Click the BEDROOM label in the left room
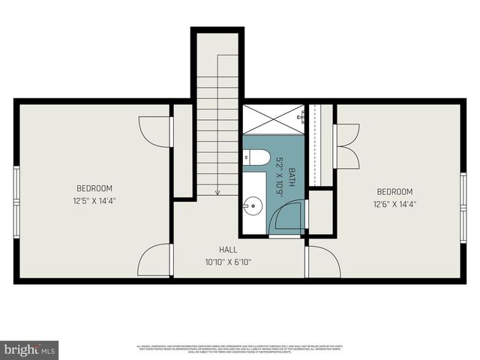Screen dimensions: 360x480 [x=94, y=188]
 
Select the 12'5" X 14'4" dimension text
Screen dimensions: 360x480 [x=94, y=200]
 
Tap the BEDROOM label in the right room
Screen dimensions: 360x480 [x=394, y=191]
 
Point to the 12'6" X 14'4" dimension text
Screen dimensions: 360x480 [x=394, y=203]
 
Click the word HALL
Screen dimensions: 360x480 [x=228, y=250]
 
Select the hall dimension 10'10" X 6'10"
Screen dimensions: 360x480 [x=228, y=262]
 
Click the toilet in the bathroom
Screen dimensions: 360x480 [x=256, y=157]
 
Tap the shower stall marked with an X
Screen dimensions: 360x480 [x=273, y=119]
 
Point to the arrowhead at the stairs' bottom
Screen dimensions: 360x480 [x=217, y=192]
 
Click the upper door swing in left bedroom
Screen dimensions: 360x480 [x=154, y=131]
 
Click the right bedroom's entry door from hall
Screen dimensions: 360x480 [x=322, y=261]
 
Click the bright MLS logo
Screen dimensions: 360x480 [x=29, y=349]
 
